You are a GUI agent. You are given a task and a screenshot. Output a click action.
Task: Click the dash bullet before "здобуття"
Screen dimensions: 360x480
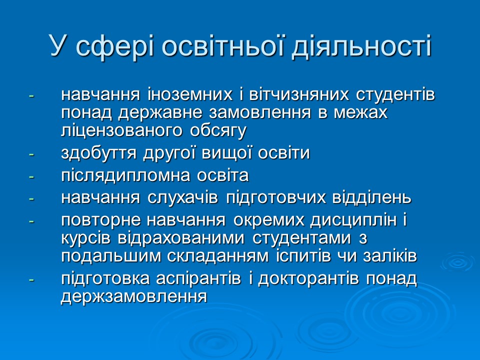(31, 154)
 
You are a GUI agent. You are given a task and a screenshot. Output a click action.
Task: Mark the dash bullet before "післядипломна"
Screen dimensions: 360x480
(31, 176)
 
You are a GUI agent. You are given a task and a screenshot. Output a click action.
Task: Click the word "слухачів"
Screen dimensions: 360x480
(185, 197)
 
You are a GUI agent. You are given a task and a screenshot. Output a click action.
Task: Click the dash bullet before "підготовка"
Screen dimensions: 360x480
(31, 279)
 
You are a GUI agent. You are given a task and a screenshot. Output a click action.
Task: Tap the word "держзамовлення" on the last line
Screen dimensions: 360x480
(133, 296)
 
